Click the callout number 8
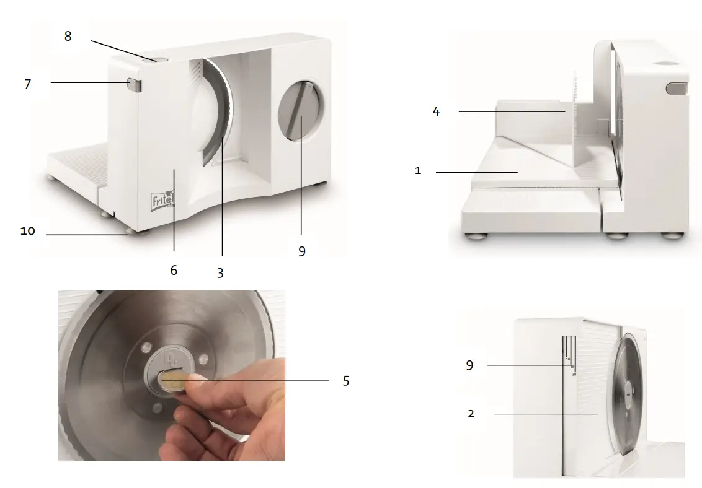click(68, 36)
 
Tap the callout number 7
click(27, 84)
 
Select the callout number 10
click(27, 231)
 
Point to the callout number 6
click(174, 270)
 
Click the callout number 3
click(220, 272)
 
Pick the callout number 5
click(346, 381)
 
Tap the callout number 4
click(436, 113)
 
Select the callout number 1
click(418, 171)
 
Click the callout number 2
click(471, 414)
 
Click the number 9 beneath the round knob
click(301, 251)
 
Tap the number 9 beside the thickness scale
click(469, 365)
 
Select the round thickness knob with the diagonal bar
click(300, 110)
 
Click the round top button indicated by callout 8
click(159, 59)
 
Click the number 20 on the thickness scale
click(574, 374)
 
